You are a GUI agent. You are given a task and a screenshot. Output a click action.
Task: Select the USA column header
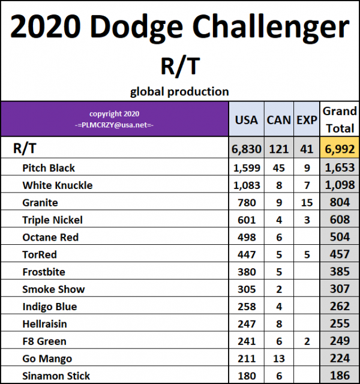[x=246, y=120]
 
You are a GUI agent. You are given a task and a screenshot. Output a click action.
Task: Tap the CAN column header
[x=278, y=120]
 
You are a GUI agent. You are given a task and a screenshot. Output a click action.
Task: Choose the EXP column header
[x=307, y=120]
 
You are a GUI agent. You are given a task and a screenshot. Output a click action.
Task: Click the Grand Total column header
[x=340, y=119]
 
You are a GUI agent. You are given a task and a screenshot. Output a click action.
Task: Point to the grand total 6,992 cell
[x=340, y=149]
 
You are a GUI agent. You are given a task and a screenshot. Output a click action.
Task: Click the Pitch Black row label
[x=49, y=168]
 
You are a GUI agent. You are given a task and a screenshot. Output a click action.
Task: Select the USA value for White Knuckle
[x=246, y=185]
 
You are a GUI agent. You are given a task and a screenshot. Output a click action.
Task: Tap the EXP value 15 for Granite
[x=307, y=203]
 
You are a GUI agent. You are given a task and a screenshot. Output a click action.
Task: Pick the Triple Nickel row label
[x=52, y=220]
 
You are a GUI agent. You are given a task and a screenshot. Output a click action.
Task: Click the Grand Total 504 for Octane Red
[x=340, y=237]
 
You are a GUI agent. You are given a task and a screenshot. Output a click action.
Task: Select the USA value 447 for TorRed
[x=246, y=254]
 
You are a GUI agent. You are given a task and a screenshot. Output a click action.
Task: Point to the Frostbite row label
[x=43, y=272]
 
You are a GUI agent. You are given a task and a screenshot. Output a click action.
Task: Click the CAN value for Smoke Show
[x=278, y=289]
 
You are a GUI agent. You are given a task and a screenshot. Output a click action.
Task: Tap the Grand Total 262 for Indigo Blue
[x=340, y=307]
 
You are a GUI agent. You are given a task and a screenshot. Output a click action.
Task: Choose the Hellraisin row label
[x=44, y=324]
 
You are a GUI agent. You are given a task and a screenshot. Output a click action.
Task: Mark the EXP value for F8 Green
[x=307, y=341]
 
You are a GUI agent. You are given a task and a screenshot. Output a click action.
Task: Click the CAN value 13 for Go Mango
[x=278, y=359]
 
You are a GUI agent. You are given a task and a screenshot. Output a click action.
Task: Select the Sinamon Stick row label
[x=56, y=376]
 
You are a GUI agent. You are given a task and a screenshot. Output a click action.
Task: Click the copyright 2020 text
[x=114, y=114]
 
